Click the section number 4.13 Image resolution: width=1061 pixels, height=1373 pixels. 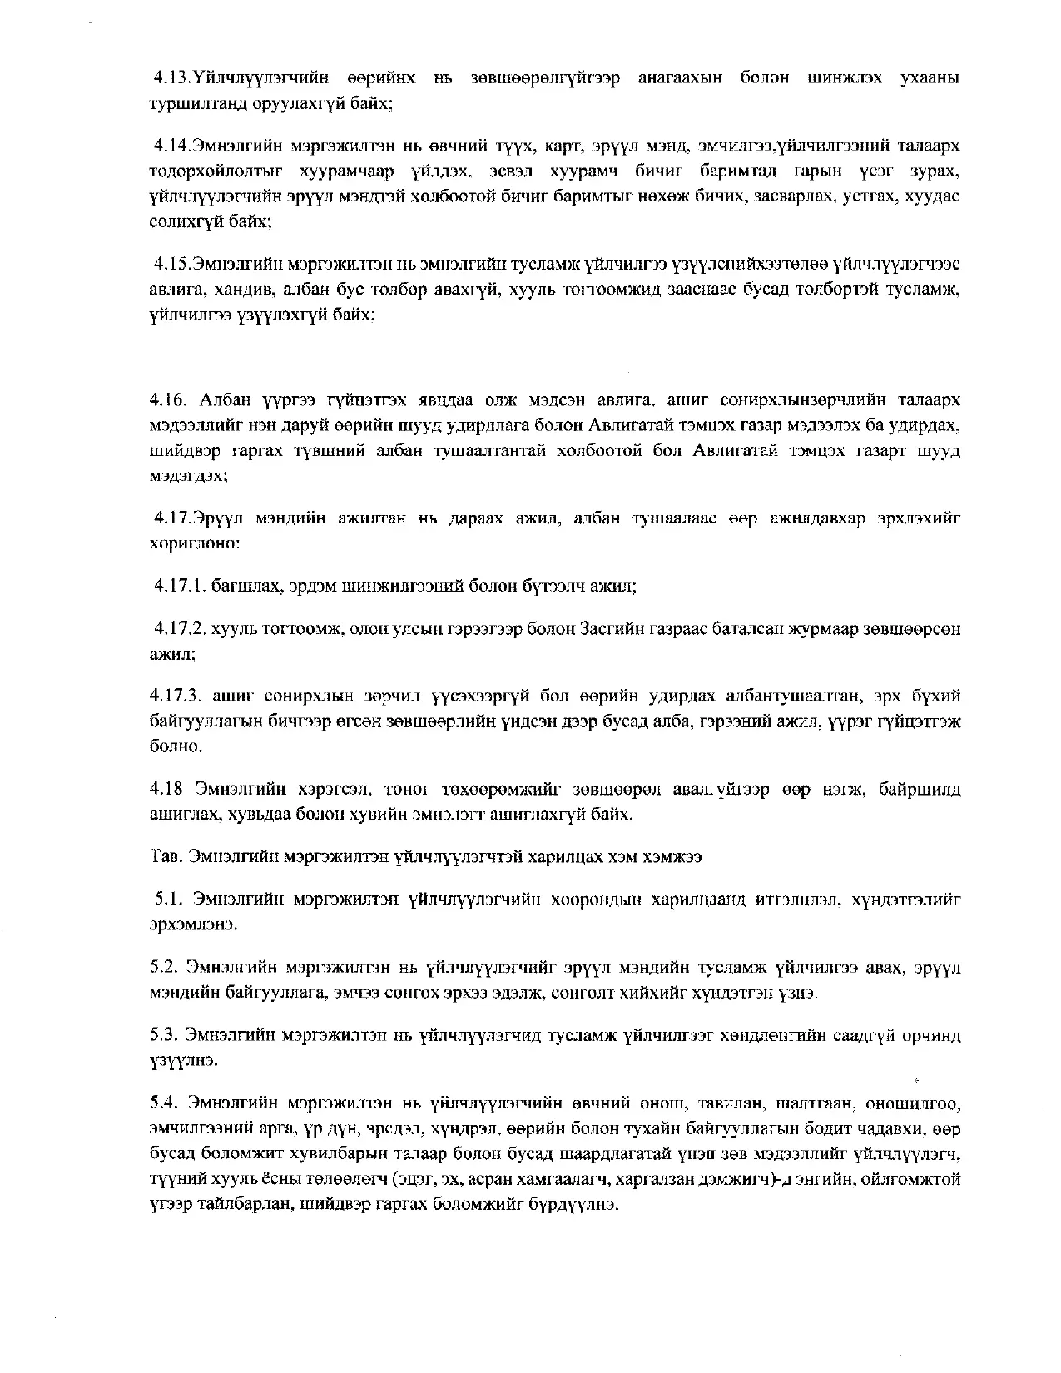click(173, 78)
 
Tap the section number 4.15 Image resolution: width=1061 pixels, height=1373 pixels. click(173, 265)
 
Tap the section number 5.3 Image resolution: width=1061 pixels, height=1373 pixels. click(163, 1036)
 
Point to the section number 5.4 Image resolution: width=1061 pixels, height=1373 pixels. click(163, 1104)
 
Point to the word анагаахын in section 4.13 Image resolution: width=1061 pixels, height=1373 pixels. click(680, 78)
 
